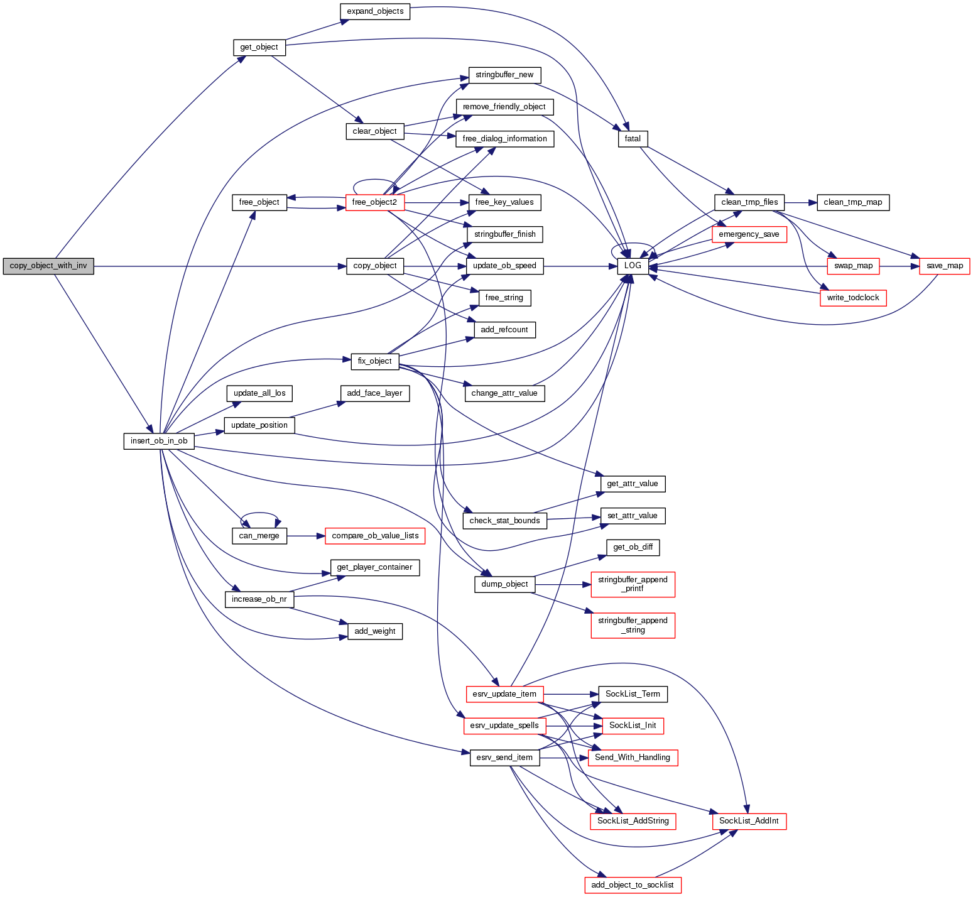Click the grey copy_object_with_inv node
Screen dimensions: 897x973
[48, 266]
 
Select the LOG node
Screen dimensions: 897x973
[633, 266]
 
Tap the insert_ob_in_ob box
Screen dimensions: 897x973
[159, 441]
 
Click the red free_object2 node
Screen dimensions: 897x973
[375, 202]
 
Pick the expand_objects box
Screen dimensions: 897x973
[375, 11]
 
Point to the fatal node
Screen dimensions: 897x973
[633, 139]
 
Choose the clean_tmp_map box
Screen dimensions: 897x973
[852, 202]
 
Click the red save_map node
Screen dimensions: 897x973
[944, 266]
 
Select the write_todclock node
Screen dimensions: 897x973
[852, 298]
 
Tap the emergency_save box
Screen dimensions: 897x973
[749, 234]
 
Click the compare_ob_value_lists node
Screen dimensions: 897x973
[375, 536]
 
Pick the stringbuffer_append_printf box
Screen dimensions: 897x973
[633, 584]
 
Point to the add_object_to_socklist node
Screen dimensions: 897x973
[633, 885]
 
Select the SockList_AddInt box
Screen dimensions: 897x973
[749, 821]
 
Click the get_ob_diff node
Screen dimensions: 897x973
[633, 547]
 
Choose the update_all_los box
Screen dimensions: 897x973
[259, 393]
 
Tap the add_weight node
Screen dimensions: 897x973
[375, 631]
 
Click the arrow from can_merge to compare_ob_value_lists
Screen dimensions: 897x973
[306, 536]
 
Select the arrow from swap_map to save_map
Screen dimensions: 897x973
[900, 266]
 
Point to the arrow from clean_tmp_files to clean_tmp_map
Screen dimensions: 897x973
[800, 202]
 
